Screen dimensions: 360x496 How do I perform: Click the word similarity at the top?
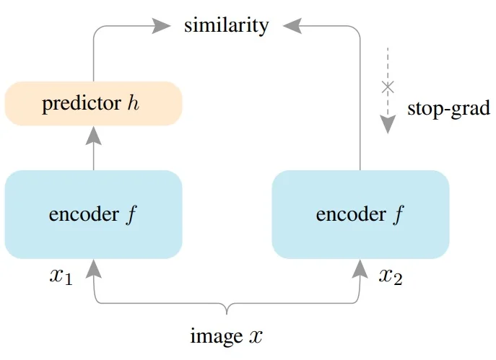point(226,26)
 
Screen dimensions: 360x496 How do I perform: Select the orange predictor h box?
point(93,104)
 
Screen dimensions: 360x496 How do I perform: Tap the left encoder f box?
point(93,214)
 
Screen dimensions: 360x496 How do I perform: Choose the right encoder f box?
point(360,214)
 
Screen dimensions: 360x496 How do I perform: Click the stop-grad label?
point(448,109)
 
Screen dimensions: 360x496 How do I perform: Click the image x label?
point(226,335)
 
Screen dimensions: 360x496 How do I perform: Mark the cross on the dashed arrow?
point(388,87)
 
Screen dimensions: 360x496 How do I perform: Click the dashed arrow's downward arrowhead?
point(388,125)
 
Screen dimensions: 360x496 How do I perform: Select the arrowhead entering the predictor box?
point(94,135)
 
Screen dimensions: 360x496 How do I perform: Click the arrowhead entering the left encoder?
point(94,268)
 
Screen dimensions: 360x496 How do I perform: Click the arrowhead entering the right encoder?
point(360,268)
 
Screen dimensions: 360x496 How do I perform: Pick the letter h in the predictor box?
point(133,104)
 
